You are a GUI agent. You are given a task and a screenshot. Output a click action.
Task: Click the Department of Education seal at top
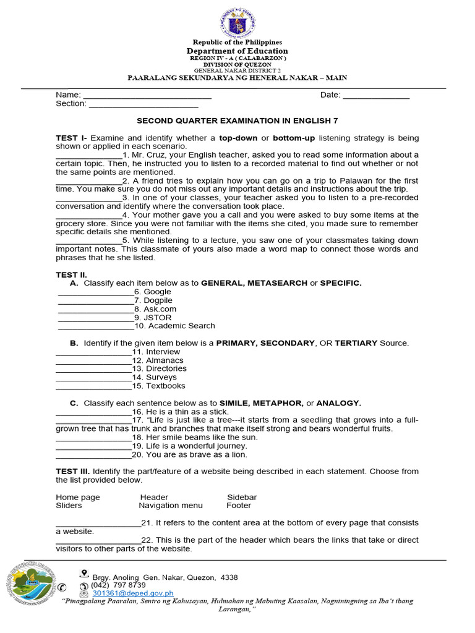pyautogui.click(x=237, y=23)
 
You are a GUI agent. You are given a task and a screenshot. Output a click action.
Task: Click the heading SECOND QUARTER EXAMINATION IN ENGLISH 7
pyautogui.click(x=237, y=121)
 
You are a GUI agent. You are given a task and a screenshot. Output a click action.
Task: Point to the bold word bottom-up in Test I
pyautogui.click(x=294, y=138)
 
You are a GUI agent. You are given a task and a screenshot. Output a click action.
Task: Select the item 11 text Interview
pyautogui.click(x=163, y=352)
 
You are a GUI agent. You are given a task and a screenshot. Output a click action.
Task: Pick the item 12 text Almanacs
pyautogui.click(x=165, y=360)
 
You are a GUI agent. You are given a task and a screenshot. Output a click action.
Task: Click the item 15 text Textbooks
pyautogui.click(x=165, y=386)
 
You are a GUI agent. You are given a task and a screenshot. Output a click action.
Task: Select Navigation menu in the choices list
pyautogui.click(x=171, y=506)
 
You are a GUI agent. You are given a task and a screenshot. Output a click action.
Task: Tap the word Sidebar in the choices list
pyautogui.click(x=242, y=497)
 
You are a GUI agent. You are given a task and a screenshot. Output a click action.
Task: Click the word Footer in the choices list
pyautogui.click(x=239, y=506)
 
